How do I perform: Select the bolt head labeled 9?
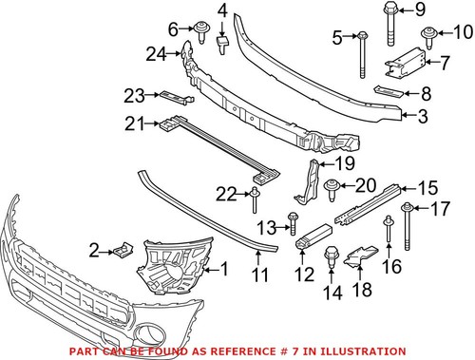[390, 11]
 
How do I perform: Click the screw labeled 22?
[255, 197]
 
